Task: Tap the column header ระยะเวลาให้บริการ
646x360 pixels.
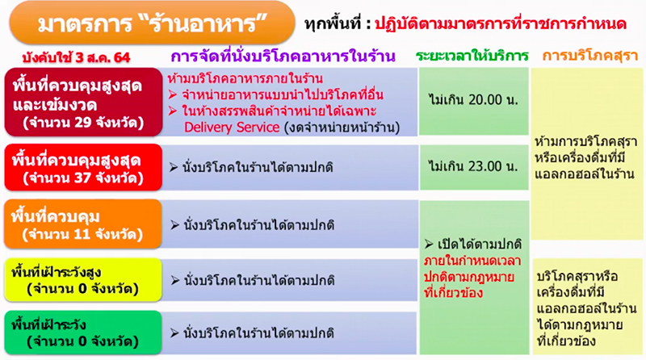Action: click(472, 56)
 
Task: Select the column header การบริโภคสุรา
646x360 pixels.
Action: click(586, 56)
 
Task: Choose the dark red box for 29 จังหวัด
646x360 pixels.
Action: click(83, 103)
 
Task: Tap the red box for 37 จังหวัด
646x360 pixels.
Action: click(83, 166)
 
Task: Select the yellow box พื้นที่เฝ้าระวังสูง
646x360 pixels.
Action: click(83, 278)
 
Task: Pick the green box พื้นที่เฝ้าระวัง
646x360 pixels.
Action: click(83, 331)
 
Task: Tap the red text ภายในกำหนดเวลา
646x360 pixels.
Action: click(472, 262)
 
